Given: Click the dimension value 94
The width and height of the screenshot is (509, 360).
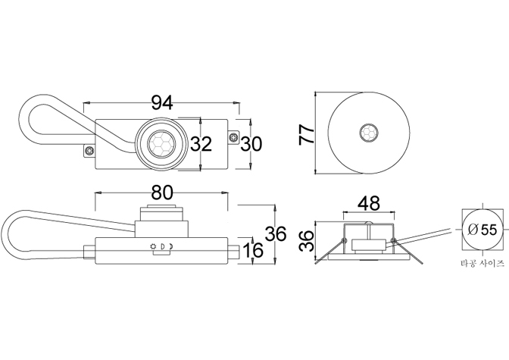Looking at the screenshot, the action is [x=162, y=103].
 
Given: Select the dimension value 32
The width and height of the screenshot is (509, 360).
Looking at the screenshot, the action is [x=201, y=143].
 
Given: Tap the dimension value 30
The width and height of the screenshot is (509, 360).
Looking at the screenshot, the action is [x=251, y=143].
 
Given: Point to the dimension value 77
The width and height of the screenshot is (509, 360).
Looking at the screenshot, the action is [x=307, y=133].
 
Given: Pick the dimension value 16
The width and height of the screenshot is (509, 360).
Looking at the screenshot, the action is [x=252, y=250].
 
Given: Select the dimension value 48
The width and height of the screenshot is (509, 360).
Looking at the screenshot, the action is [x=368, y=203].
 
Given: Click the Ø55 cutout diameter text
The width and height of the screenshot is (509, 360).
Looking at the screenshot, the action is [x=482, y=230].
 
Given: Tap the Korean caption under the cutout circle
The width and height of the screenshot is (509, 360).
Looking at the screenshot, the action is [x=482, y=263].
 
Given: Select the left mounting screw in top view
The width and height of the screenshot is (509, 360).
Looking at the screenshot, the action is [x=89, y=151].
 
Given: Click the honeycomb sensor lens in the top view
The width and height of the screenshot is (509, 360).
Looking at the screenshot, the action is [x=161, y=143].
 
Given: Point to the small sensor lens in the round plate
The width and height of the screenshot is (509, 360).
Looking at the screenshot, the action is [x=369, y=133].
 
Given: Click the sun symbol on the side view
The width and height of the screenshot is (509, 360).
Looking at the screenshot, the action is [x=152, y=246].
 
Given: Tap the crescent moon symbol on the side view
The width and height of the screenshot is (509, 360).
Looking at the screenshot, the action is [x=170, y=246].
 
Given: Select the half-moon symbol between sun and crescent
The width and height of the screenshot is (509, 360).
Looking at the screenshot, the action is [x=163, y=246].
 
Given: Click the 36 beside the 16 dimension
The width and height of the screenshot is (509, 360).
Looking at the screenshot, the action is [x=276, y=233].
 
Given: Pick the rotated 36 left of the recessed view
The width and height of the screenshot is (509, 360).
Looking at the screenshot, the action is [x=307, y=241].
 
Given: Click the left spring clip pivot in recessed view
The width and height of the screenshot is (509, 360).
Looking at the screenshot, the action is [x=345, y=240].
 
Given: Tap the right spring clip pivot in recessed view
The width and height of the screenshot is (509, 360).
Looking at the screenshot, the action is [x=393, y=240].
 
